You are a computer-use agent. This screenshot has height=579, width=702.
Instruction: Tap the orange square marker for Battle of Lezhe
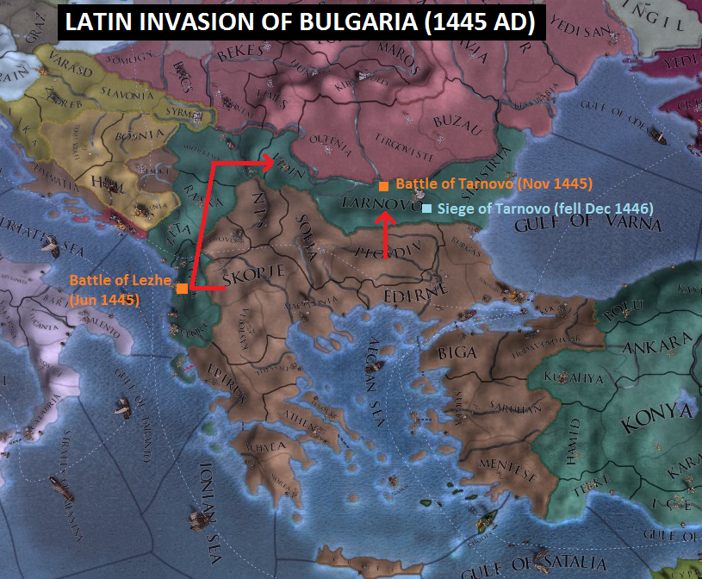tap(183, 289)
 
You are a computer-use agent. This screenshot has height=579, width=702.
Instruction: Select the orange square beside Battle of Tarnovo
tap(382, 185)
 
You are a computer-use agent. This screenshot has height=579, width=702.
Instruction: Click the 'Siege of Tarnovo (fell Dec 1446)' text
tap(544, 209)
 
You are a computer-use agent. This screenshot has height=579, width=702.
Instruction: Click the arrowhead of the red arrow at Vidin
tap(274, 160)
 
